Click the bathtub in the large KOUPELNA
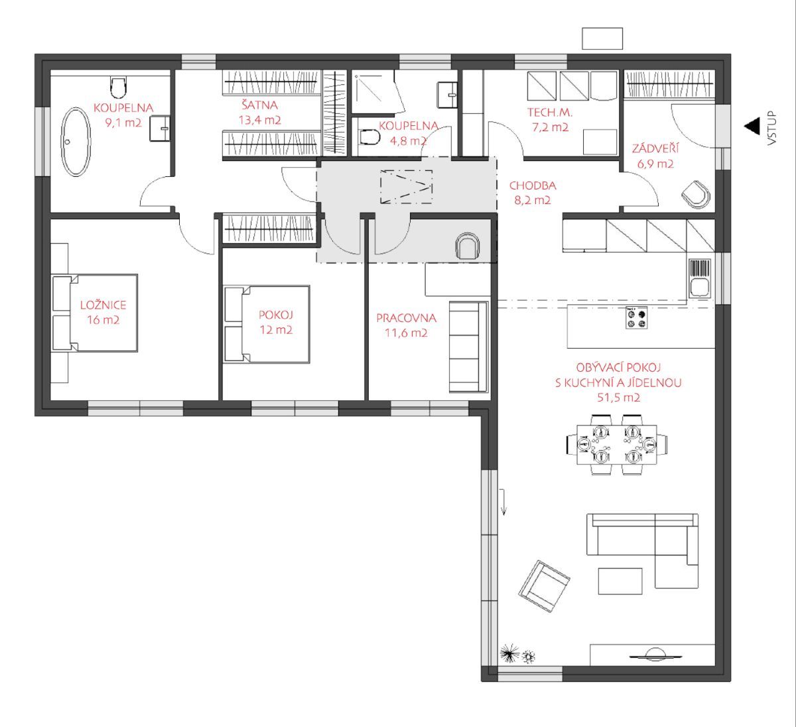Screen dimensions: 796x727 point(76,142)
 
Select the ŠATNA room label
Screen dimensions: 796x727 point(260,105)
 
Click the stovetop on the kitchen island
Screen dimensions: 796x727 point(637,317)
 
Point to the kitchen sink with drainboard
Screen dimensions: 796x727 point(700,278)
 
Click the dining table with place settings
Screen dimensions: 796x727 point(617,445)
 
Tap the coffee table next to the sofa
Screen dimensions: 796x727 point(620,581)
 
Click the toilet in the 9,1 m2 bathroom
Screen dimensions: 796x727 point(118,87)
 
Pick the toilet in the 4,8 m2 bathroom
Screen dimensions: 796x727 point(370,137)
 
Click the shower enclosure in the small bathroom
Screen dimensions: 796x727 point(377,93)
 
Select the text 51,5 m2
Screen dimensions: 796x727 point(619,398)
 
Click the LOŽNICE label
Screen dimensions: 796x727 point(103,305)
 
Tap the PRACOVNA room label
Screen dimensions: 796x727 point(406,318)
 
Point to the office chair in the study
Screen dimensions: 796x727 point(468,246)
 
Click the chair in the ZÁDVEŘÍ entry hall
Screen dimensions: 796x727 point(696,194)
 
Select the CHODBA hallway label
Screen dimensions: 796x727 point(533,186)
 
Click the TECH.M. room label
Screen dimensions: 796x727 point(550,113)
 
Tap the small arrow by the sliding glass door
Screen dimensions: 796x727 point(503,502)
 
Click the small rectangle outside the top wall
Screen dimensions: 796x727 point(602,38)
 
